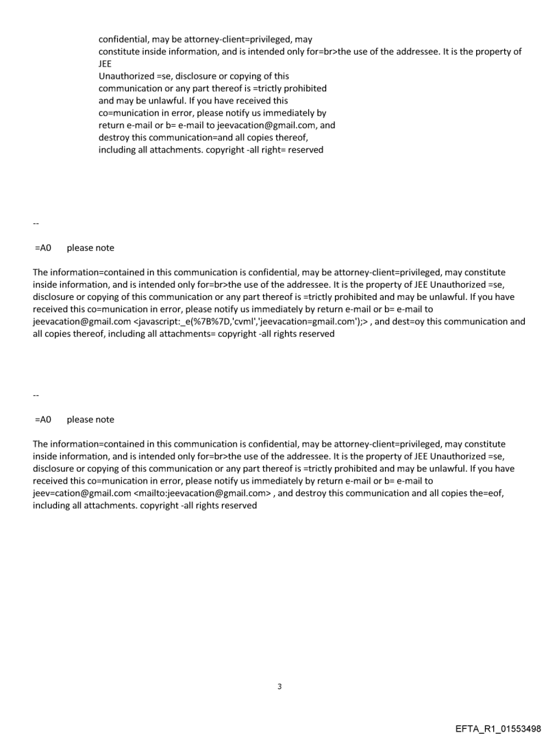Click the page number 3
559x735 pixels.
(279, 686)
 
